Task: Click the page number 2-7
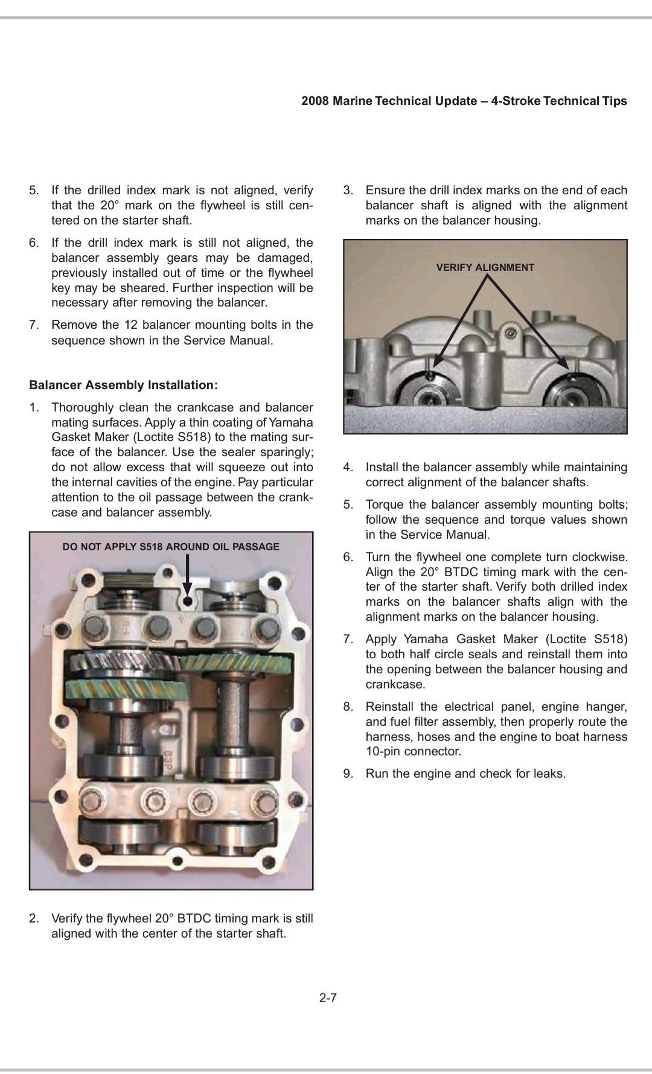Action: pyautogui.click(x=328, y=997)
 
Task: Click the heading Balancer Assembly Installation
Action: pyautogui.click(x=123, y=385)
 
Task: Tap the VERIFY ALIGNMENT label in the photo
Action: pyautogui.click(x=485, y=267)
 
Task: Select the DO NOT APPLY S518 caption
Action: pyautogui.click(x=171, y=547)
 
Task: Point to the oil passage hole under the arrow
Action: pyautogui.click(x=188, y=601)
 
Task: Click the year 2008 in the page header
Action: pyautogui.click(x=315, y=101)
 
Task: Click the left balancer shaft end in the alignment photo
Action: pyautogui.click(x=429, y=398)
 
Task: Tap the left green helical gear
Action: pyautogui.click(x=121, y=688)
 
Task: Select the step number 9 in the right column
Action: pyautogui.click(x=348, y=774)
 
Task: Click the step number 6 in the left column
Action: pyautogui.click(x=34, y=243)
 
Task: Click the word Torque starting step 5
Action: pyautogui.click(x=385, y=504)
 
